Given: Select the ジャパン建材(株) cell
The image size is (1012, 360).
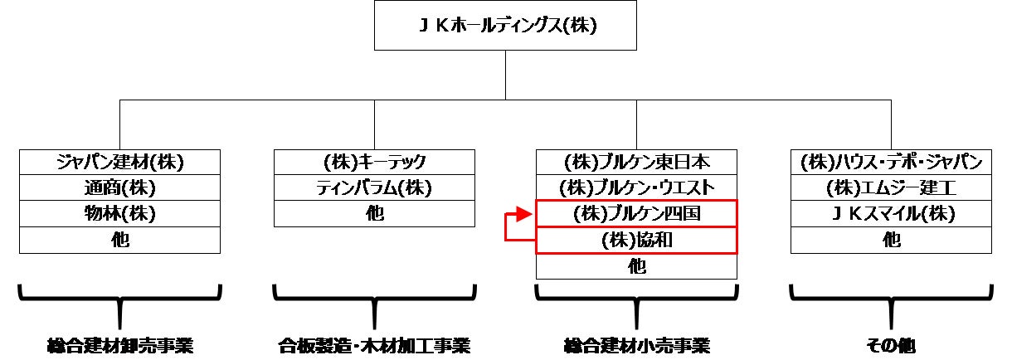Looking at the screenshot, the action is [120, 162].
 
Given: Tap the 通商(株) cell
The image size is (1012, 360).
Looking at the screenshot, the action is [120, 187].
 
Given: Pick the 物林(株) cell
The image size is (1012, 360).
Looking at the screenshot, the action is [120, 214].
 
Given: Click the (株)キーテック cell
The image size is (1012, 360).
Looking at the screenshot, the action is [374, 162].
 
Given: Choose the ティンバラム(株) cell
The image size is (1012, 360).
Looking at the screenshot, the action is [374, 187].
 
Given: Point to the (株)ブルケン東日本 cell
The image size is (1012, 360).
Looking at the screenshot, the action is [636, 162].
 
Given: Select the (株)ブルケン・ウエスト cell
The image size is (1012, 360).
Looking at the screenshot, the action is [636, 187].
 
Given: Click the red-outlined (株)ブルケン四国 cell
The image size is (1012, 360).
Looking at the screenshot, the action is [636, 214].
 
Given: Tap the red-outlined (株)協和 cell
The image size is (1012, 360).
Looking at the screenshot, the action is [636, 241].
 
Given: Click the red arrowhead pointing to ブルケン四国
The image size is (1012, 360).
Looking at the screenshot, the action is [522, 214].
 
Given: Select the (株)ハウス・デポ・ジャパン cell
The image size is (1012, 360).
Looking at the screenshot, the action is [891, 162].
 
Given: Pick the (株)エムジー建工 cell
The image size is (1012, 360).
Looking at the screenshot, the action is [891, 187].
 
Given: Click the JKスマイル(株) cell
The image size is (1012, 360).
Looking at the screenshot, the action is [891, 214].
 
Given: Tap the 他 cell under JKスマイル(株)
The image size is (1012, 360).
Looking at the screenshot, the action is [891, 241].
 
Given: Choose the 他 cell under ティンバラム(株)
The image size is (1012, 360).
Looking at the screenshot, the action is [374, 214].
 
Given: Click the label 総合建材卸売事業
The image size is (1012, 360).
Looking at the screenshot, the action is [120, 345].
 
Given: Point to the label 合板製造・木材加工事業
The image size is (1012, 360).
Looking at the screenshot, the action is [374, 345].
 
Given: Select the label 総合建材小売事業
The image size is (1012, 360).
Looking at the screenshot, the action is [636, 345].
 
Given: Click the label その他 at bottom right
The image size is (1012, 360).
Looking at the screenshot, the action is [891, 345].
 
